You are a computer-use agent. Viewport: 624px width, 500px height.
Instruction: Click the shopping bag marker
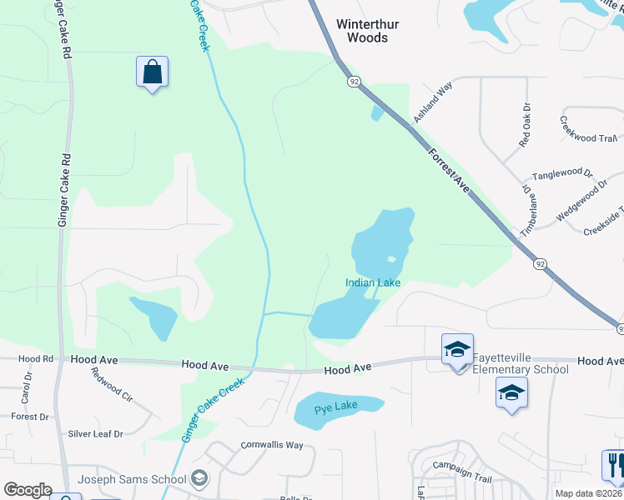pyautogui.click(x=152, y=72)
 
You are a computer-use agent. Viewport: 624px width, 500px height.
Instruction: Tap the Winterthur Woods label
pyautogui.click(x=362, y=31)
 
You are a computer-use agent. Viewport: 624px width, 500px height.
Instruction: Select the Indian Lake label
pyautogui.click(x=373, y=282)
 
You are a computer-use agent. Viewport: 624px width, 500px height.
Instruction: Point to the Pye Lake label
pyautogui.click(x=336, y=408)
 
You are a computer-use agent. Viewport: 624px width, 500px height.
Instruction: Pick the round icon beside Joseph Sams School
pyautogui.click(x=199, y=478)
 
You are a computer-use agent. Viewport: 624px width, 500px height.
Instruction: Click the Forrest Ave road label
pyautogui.click(x=449, y=172)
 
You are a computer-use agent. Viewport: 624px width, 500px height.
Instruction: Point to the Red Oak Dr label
pyautogui.click(x=525, y=125)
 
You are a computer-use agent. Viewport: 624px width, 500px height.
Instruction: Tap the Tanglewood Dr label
pyautogui.click(x=562, y=174)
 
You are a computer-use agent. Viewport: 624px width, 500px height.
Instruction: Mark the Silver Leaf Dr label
pyautogui.click(x=95, y=433)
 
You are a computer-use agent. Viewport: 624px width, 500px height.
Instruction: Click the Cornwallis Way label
pyautogui.click(x=272, y=445)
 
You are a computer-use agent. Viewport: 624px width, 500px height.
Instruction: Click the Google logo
pyautogui.click(x=28, y=490)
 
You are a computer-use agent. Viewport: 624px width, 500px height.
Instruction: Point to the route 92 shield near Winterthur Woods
pyautogui.click(x=355, y=81)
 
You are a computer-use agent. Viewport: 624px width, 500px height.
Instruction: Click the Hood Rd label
pyautogui.click(x=36, y=358)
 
